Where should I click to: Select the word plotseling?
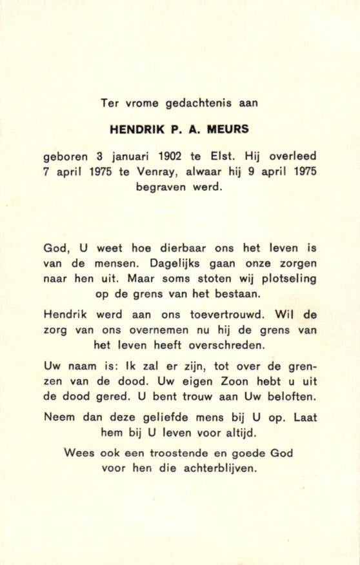284,279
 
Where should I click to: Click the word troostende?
172,453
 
